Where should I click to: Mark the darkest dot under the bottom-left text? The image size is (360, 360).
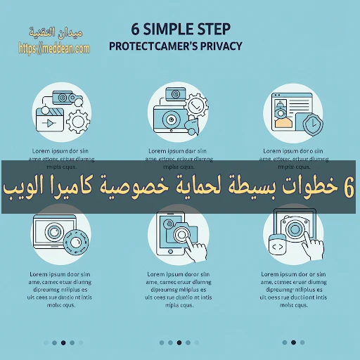click(63, 343)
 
